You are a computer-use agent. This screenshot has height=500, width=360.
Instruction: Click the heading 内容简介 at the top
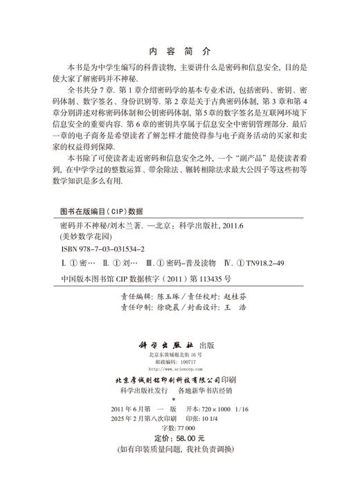pos(179,51)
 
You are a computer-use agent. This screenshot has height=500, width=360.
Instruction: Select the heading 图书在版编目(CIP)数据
pos(102,213)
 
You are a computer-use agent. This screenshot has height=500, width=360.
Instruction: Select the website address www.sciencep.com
pos(179,369)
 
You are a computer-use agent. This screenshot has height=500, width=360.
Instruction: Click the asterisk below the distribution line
pos(179,400)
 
